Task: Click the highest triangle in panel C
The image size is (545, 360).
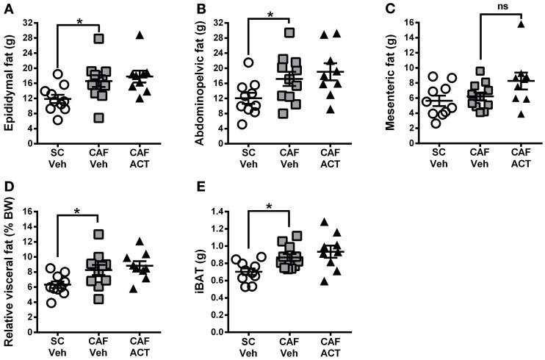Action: point(502,24)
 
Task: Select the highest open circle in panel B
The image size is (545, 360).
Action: point(248,62)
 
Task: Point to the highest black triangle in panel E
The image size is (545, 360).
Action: point(323,222)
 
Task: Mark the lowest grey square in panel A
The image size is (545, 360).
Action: point(98,118)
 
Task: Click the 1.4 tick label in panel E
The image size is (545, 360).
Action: point(219,212)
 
